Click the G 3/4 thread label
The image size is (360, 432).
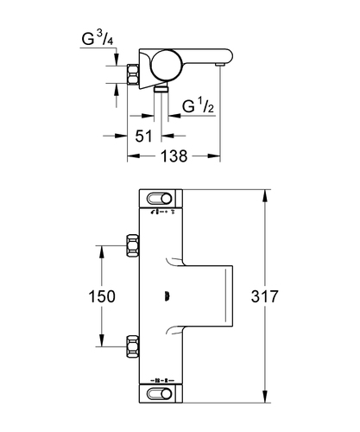pyautogui.click(x=98, y=39)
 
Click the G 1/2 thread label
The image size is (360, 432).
pyautogui.click(x=198, y=106)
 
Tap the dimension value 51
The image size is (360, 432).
pyautogui.click(x=143, y=136)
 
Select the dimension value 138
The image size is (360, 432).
pyautogui.click(x=174, y=156)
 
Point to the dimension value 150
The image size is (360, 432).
pyautogui.click(x=102, y=296)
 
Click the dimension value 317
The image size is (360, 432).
pyautogui.click(x=265, y=296)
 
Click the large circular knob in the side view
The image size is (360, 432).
pyautogui.click(x=167, y=65)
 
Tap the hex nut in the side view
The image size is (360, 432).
pyautogui.click(x=133, y=74)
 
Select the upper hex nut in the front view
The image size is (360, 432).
pyautogui.click(x=133, y=245)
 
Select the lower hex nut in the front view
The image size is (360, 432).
pyautogui.click(x=133, y=346)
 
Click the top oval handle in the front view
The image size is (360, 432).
pyautogui.click(x=160, y=199)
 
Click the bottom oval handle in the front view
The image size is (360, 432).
pyautogui.click(x=160, y=393)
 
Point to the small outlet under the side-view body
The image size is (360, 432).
pyautogui.click(x=161, y=88)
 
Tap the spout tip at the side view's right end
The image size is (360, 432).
pyautogui.click(x=221, y=65)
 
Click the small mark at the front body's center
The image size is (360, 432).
pyautogui.click(x=166, y=296)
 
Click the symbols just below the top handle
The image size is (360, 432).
pyautogui.click(x=162, y=213)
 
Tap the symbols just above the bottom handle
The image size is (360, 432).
pyautogui.click(x=162, y=380)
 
